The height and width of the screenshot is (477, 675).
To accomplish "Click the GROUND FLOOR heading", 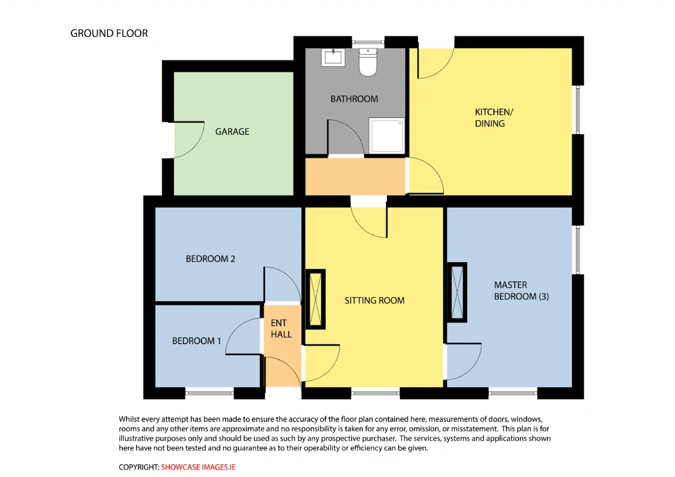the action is click(x=109, y=33).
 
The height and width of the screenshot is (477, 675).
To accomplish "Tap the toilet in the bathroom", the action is click(x=368, y=62).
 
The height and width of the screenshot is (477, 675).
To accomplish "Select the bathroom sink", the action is click(x=333, y=58).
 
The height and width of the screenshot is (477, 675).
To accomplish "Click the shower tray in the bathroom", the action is click(x=387, y=136).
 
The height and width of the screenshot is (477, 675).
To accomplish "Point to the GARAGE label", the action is click(x=232, y=132).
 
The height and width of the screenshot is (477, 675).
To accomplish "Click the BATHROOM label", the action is click(x=354, y=99).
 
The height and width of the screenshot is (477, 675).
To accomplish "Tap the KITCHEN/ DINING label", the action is click(x=494, y=118).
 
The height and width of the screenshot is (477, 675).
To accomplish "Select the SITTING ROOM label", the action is click(x=374, y=300).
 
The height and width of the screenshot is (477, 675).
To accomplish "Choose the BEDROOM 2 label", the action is click(x=210, y=259).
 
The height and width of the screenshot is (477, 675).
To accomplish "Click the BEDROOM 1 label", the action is click(x=197, y=341).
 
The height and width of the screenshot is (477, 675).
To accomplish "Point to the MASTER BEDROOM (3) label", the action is click(x=522, y=291).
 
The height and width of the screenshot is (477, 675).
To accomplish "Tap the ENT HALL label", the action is click(x=281, y=329).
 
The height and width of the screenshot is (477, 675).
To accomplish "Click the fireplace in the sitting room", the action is click(x=315, y=299).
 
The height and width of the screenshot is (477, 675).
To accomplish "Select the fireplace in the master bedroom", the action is click(x=457, y=292).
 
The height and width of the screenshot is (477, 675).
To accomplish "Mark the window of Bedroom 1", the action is click(x=209, y=393).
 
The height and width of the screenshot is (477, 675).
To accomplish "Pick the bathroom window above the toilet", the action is click(x=368, y=42).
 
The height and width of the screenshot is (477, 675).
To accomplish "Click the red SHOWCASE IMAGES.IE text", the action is click(x=198, y=467).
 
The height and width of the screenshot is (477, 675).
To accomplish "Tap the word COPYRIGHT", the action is click(x=139, y=467).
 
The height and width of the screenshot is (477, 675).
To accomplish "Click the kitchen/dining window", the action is click(x=577, y=110).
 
